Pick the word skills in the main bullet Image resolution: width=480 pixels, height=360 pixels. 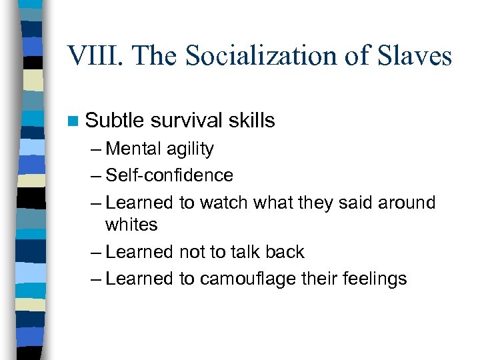click(251, 121)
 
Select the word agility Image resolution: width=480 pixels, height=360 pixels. click(191, 149)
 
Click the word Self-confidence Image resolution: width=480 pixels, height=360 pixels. click(169, 175)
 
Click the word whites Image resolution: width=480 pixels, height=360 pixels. click(131, 225)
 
